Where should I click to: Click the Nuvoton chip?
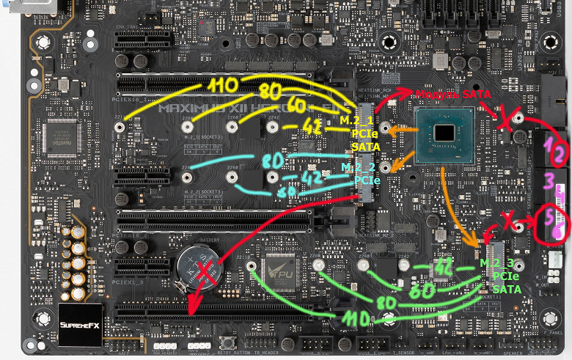tap(64, 136)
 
